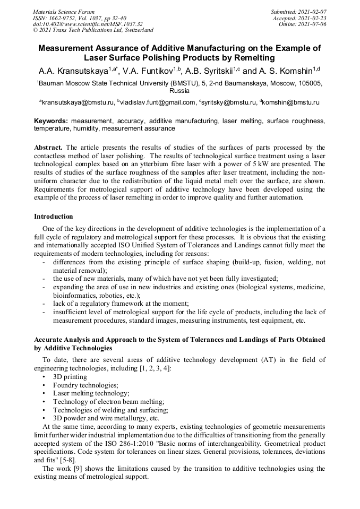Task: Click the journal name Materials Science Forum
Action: [x=64, y=12]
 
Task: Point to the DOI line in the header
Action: [x=88, y=24]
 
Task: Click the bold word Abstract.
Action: [x=48, y=146]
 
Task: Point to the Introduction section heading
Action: [x=53, y=217]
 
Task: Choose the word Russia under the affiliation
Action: [x=179, y=90]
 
